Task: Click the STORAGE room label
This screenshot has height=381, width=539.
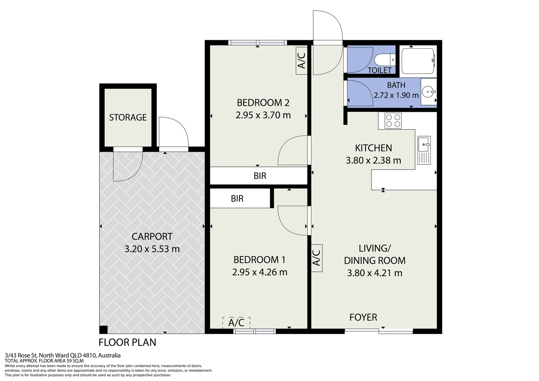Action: point(128,117)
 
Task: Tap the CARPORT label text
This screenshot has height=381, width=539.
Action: point(152,237)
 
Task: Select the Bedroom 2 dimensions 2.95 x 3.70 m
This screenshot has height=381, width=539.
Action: point(263,115)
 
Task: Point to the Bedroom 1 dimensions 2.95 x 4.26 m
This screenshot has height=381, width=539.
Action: point(260,272)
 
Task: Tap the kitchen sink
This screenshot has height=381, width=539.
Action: point(424,150)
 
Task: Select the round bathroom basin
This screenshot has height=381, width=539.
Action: point(429,92)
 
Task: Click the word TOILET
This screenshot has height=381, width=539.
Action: point(380,70)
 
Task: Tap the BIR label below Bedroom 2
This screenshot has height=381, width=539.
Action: point(260,176)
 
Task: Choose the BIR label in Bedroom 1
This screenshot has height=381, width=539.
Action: point(237,199)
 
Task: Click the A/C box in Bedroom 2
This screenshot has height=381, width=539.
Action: point(302,61)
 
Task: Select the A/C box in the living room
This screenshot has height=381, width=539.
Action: point(317,258)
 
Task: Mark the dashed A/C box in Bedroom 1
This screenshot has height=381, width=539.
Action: point(236,323)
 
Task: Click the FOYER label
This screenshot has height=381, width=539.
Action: point(363,317)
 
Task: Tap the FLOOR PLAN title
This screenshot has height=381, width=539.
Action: point(127,342)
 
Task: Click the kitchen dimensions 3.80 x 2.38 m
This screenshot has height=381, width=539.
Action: point(374,160)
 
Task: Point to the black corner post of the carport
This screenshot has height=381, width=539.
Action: point(103,329)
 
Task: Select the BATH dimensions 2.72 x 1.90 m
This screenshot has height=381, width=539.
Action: point(396,95)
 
